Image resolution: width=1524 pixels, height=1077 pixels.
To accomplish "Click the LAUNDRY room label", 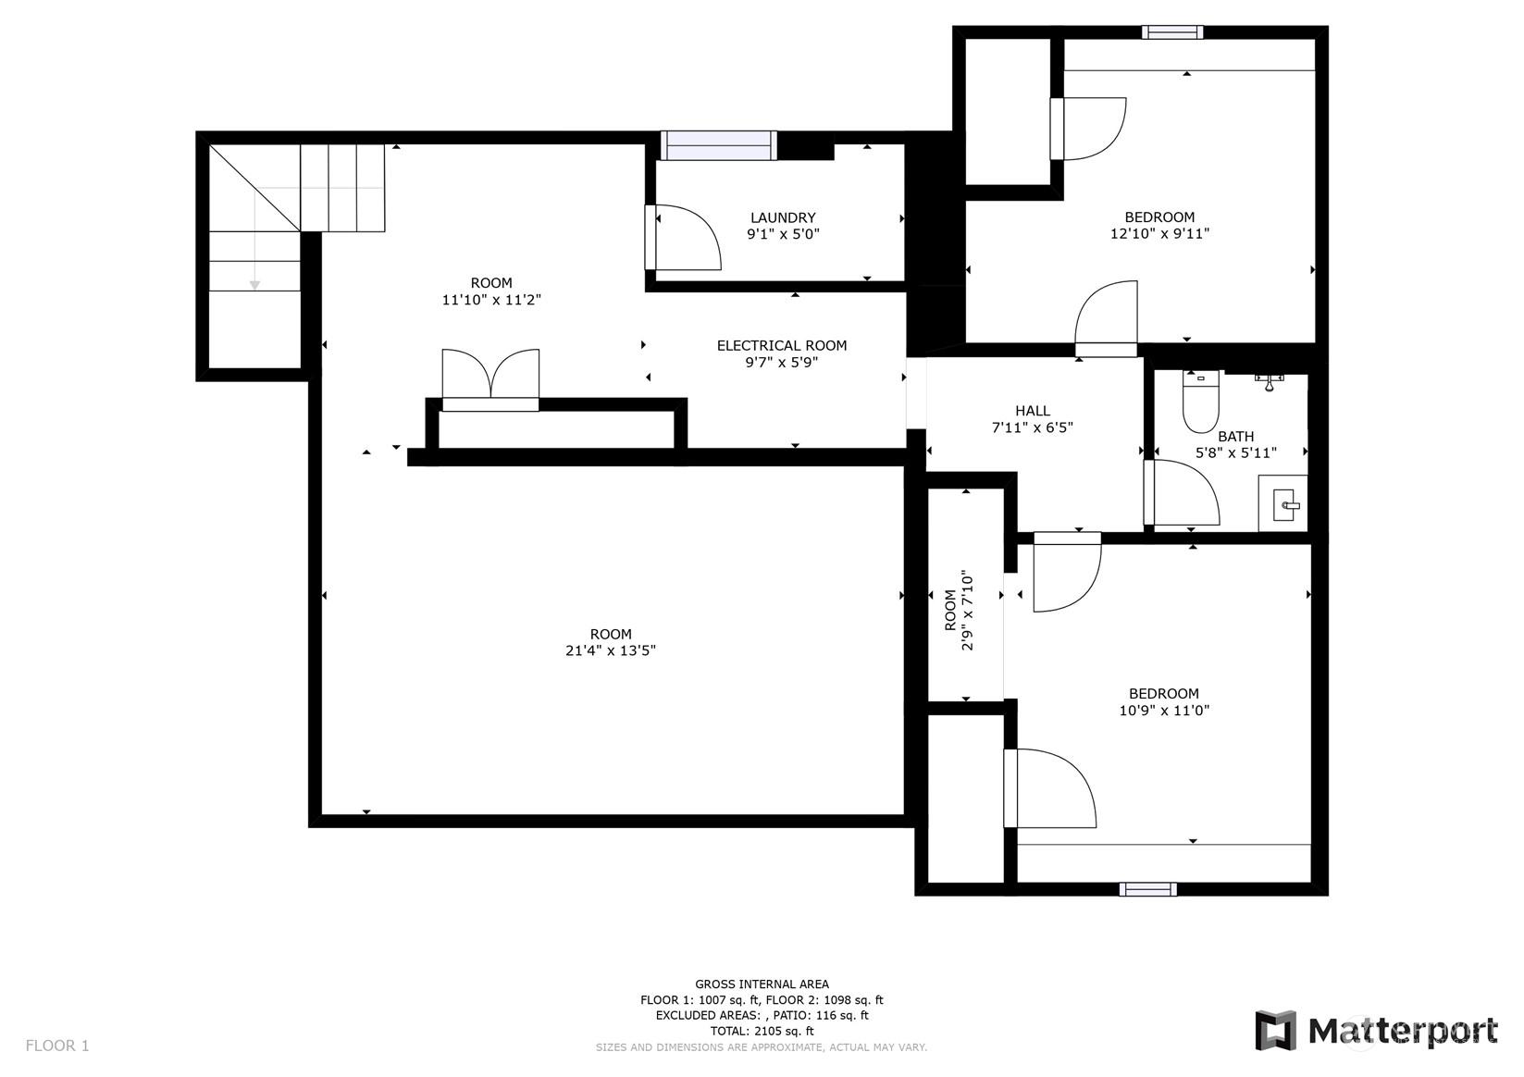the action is (783, 217).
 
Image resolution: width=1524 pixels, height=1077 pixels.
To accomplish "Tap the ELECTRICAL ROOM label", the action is (782, 346).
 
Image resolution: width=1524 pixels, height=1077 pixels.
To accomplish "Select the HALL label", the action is (1032, 411).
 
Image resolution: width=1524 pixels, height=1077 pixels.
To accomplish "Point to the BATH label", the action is (1235, 437).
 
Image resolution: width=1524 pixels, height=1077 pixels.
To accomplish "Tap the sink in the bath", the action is (1282, 503).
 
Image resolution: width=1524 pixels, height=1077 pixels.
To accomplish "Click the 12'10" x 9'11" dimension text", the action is (1159, 234).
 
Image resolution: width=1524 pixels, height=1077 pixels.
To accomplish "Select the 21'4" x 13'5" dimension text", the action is (611, 651).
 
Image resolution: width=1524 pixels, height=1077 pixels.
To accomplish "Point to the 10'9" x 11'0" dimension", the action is (1164, 711).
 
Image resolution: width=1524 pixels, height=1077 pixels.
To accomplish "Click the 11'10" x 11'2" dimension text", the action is (491, 300).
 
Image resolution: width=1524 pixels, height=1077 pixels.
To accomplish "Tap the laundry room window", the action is (718, 145).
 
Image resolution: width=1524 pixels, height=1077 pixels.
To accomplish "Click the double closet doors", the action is (490, 378).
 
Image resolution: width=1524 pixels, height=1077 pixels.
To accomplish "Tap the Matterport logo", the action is (1376, 1032).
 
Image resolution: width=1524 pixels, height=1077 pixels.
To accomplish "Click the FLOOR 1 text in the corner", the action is (57, 1046).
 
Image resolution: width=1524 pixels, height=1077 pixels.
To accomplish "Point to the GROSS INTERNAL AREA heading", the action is (762, 984).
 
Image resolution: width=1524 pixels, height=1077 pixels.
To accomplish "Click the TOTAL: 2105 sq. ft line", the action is (762, 1031).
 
